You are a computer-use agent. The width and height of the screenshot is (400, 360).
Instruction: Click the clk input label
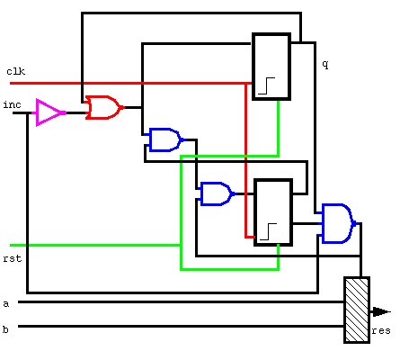[x=16, y=71]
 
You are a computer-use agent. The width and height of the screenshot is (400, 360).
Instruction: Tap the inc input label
[x=12, y=104]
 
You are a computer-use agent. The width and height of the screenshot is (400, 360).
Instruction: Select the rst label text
[x=13, y=258]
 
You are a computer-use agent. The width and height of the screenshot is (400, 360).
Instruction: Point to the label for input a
[x=6, y=304]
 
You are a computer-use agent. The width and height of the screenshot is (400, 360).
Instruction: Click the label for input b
[x=5, y=329]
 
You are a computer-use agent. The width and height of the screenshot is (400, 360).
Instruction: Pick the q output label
[x=325, y=65]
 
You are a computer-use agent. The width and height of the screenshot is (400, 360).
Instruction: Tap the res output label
[x=381, y=330]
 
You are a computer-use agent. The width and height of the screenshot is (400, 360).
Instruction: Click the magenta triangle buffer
[x=49, y=112]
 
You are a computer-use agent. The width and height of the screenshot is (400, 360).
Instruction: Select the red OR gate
[x=104, y=107]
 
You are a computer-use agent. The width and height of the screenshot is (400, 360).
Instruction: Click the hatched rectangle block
[x=357, y=310]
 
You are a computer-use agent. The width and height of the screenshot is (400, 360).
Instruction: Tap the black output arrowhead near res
[x=381, y=311]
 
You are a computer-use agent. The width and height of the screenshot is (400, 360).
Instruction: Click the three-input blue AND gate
[x=337, y=223]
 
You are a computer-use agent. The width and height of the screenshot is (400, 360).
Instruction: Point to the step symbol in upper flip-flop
[x=266, y=85]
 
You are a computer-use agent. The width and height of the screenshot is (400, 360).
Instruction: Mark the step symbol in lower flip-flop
[x=268, y=231]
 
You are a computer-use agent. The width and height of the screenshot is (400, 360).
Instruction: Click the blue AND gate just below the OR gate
[x=164, y=139]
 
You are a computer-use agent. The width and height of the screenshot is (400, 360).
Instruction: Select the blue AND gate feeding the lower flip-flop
[x=217, y=193]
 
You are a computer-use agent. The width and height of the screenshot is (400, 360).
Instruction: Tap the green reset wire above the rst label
[x=95, y=246]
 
